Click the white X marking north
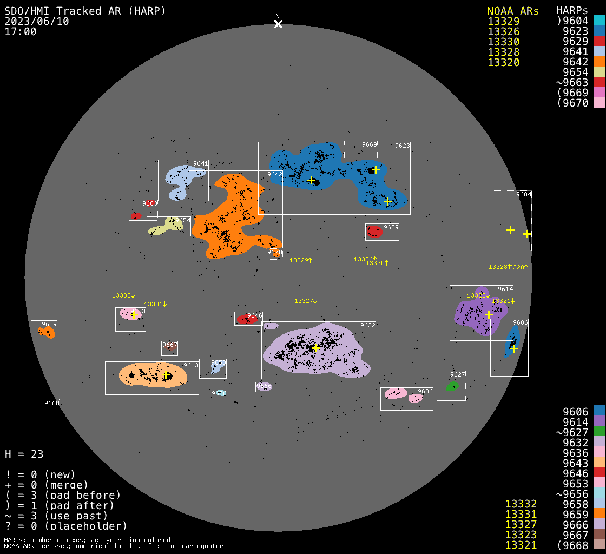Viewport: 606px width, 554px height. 278,24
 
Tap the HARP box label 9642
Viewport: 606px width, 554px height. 274,174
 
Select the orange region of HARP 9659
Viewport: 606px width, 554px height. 47,332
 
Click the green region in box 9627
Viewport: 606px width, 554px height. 452,386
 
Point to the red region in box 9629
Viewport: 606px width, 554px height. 374,232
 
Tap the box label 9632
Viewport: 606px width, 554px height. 368,325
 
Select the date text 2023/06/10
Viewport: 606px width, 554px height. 37,21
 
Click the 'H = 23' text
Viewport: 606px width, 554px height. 24,454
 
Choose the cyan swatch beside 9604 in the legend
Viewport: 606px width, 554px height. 599,21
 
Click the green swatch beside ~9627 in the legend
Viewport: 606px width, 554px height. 599,432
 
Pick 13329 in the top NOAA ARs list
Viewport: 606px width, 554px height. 503,21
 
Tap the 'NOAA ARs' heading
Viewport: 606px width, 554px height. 512,11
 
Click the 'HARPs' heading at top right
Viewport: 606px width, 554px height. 572,11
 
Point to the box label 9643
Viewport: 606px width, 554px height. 191,365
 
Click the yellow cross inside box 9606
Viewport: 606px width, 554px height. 513,348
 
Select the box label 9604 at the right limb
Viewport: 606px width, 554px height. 524,194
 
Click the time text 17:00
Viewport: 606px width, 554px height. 20,31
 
